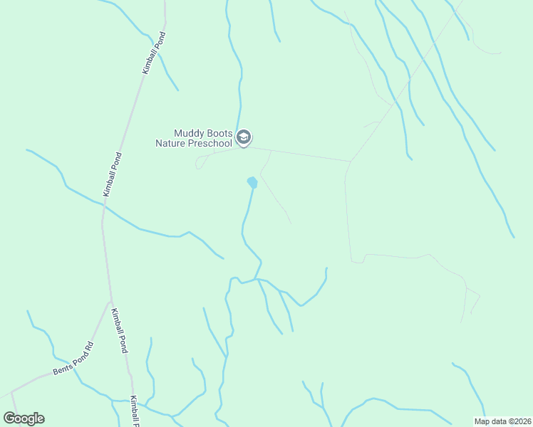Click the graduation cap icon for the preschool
tap(244, 137)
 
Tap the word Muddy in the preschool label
tap(189, 133)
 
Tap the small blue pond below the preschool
tap(252, 182)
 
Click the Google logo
tap(24, 418)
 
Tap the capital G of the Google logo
tap(10, 418)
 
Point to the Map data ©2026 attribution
tap(502, 421)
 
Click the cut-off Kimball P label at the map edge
tap(133, 411)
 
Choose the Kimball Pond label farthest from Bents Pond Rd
tap(153, 53)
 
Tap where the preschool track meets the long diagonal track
tap(350, 161)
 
